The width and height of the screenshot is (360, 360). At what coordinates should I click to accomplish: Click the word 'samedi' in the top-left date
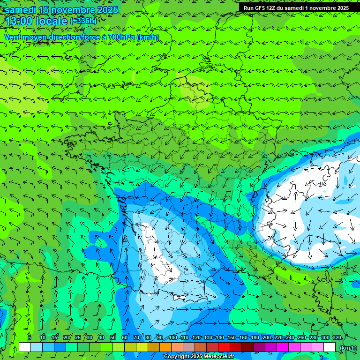[x=21, y=10]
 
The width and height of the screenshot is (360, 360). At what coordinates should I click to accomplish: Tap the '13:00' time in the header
[x=19, y=21]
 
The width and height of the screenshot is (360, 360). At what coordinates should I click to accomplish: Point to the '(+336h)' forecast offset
[x=83, y=21]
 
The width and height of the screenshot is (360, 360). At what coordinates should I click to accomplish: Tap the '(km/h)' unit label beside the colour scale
[x=348, y=348]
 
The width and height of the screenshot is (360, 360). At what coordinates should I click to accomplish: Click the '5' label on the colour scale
[x=30, y=337]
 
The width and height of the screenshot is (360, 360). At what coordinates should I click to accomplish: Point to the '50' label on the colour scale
[x=112, y=337]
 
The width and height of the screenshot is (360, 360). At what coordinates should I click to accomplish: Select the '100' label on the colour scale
[x=173, y=337]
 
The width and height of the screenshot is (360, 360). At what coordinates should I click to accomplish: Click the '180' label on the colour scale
[x=255, y=337]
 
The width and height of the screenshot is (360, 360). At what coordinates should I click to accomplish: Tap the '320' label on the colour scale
[x=337, y=337]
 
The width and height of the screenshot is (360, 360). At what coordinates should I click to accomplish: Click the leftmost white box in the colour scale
[x=25, y=347]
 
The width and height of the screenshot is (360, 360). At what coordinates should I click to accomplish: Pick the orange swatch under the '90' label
[x=165, y=347]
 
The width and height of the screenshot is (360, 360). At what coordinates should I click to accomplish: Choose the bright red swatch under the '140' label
[x=224, y=347]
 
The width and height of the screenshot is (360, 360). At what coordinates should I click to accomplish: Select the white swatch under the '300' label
[x=330, y=347]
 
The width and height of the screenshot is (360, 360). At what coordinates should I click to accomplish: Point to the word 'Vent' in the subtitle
[x=13, y=37]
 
